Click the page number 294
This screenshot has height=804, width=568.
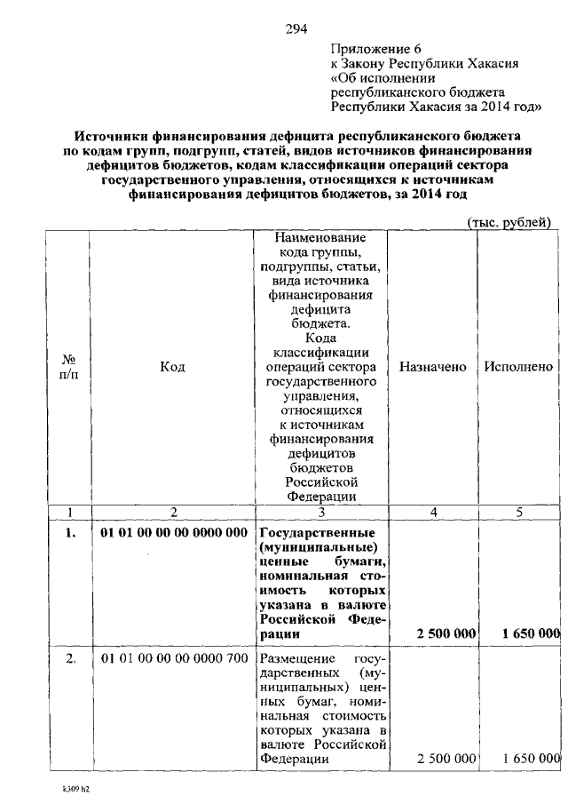[296, 28]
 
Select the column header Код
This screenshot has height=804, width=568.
[172, 367]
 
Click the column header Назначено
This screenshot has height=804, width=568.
[433, 367]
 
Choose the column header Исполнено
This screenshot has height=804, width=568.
[519, 367]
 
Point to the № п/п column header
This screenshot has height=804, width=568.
[69, 367]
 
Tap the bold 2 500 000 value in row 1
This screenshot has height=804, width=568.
[446, 633]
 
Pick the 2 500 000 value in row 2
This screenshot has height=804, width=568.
[446, 759]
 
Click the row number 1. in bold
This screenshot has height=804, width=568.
[69, 532]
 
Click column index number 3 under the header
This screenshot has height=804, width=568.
[321, 512]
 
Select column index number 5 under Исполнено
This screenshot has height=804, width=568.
[519, 512]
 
